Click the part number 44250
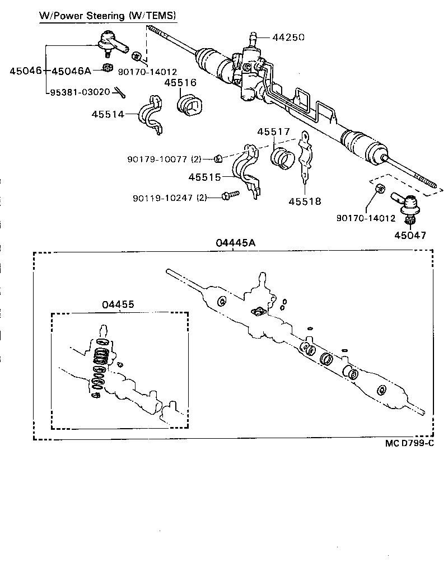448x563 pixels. click(x=288, y=37)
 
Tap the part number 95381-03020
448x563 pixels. click(x=81, y=92)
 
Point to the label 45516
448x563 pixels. click(x=180, y=83)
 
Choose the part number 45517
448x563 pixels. click(x=273, y=132)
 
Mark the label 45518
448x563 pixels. click(x=305, y=201)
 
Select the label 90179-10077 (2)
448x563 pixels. click(x=164, y=159)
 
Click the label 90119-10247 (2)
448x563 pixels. click(x=170, y=198)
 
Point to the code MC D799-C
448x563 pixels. click(x=409, y=444)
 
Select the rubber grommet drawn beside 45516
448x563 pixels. click(x=189, y=105)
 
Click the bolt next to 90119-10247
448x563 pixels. click(x=230, y=195)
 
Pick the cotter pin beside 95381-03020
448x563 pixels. click(x=119, y=91)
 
